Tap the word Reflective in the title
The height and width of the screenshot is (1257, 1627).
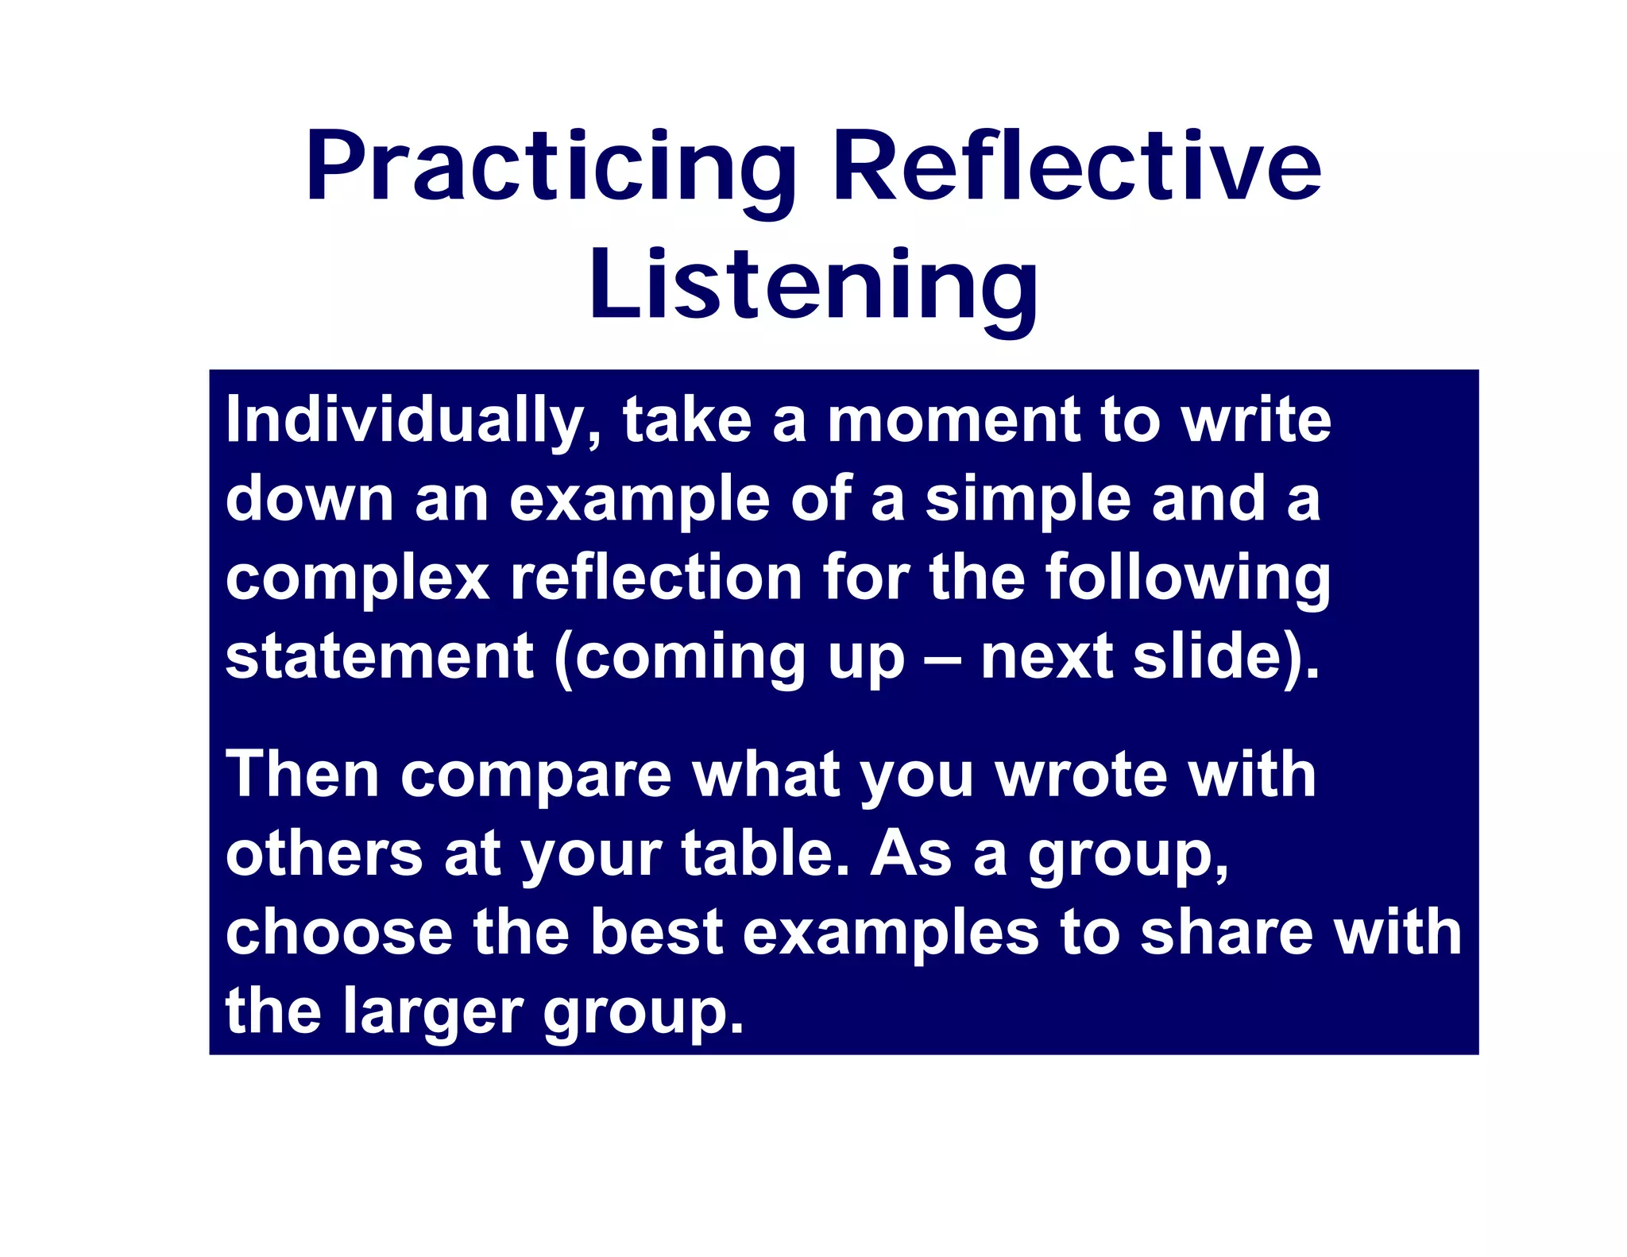coord(1076,169)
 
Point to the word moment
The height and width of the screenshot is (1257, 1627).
coord(953,421)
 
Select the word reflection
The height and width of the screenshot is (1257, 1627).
coord(655,578)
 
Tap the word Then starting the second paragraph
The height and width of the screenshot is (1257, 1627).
coord(303,775)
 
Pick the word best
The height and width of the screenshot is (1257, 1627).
coord(656,933)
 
